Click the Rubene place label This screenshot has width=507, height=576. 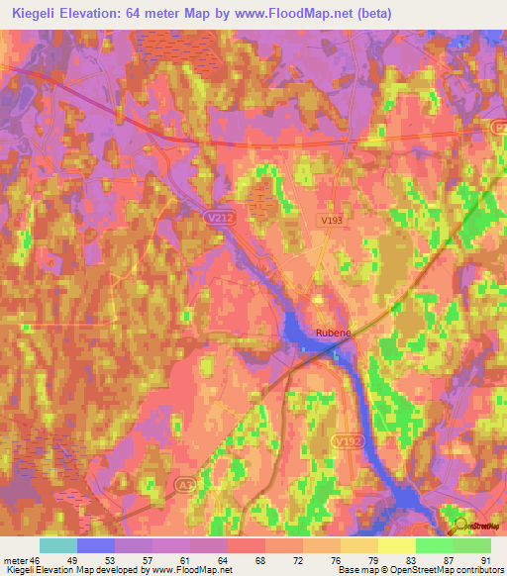coord(332,334)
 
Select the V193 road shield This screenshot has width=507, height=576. coord(331,219)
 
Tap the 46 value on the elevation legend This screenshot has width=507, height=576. coord(37,560)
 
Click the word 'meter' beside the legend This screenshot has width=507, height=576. coord(15,560)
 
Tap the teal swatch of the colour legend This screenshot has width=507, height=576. coord(58,545)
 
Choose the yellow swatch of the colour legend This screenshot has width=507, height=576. coord(397,545)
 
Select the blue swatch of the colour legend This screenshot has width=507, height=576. coord(96,545)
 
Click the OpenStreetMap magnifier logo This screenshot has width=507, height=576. coord(458,527)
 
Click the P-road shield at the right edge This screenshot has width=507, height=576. coord(498,127)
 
